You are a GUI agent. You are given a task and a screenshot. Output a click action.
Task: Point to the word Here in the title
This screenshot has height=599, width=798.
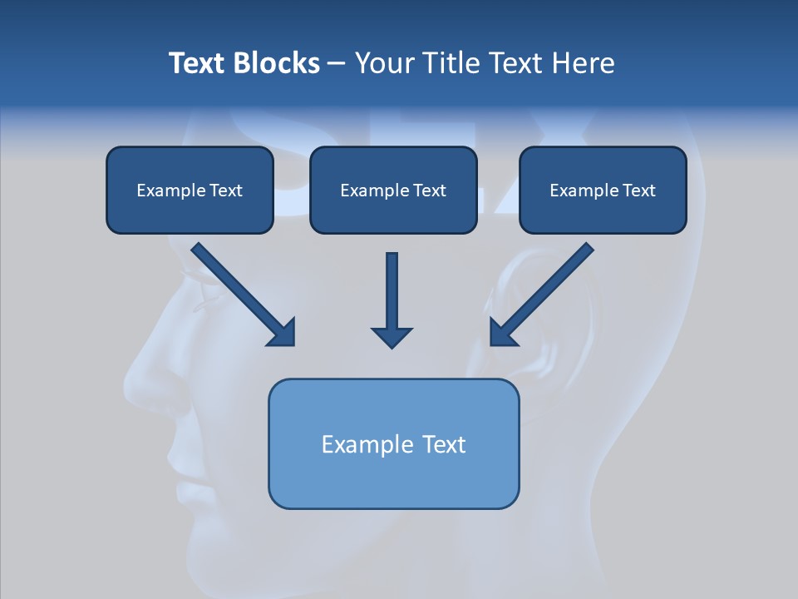point(582,63)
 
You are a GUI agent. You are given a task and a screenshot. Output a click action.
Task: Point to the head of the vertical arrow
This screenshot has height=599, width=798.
point(392,337)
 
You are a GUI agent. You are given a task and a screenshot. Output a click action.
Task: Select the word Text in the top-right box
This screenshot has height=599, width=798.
point(638,191)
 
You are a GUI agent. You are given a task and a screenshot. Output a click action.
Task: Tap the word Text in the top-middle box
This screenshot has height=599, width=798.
point(429,191)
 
